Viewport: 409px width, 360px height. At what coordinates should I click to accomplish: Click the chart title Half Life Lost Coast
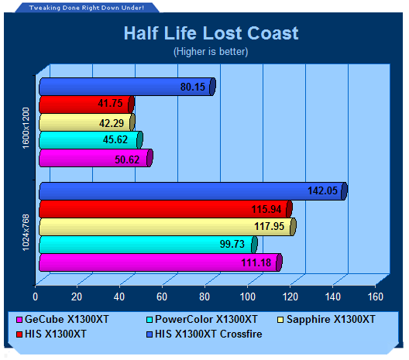(211, 33)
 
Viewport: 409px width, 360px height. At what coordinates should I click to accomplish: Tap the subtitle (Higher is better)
(211, 51)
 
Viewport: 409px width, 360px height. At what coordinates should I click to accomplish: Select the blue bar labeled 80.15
(127, 87)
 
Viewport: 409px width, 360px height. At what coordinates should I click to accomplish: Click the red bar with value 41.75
(87, 105)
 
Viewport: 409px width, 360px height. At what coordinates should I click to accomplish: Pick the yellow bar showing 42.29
(87, 122)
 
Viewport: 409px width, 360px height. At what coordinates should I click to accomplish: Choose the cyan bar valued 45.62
(91, 139)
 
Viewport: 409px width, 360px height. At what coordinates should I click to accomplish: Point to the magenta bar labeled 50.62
(96, 158)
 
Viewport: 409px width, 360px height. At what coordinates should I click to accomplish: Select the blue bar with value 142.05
(194, 191)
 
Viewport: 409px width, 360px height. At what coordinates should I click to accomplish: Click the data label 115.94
(266, 209)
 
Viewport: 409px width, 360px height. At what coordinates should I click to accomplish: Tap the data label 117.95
(270, 226)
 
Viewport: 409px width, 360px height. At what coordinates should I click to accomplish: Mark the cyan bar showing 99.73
(148, 245)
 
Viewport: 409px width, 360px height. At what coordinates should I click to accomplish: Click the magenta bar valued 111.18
(160, 262)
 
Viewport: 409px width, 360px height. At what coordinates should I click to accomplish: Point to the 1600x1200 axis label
(26, 128)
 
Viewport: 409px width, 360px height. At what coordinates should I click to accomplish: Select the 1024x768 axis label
(26, 232)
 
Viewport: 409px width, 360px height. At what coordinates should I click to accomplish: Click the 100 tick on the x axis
(247, 297)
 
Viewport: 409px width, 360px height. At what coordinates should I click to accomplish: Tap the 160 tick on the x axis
(376, 297)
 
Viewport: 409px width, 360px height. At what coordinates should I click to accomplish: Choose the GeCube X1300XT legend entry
(63, 319)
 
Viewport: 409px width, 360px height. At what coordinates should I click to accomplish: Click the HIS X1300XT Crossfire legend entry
(204, 334)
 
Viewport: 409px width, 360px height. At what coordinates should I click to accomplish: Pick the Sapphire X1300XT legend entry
(326, 319)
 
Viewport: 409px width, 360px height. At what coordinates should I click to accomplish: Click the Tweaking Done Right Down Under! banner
(87, 8)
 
